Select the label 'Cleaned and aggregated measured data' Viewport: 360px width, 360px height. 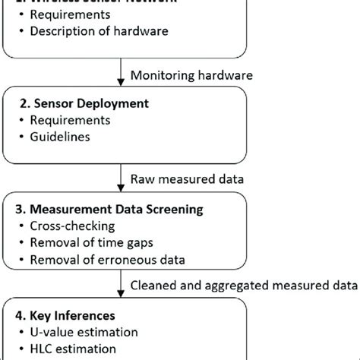tap(244, 285)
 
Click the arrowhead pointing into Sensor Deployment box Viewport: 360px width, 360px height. tap(122, 84)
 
